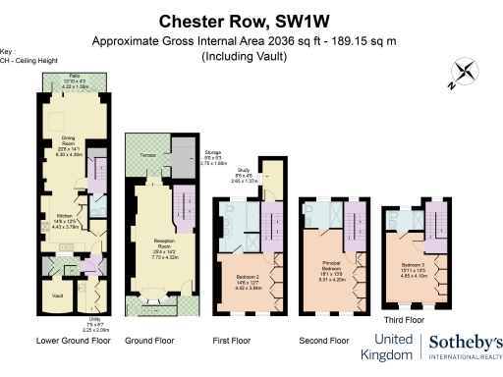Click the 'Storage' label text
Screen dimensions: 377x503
(x=213, y=152)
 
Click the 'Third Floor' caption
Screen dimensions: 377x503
(x=405, y=319)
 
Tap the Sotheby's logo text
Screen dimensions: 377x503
(x=464, y=344)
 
